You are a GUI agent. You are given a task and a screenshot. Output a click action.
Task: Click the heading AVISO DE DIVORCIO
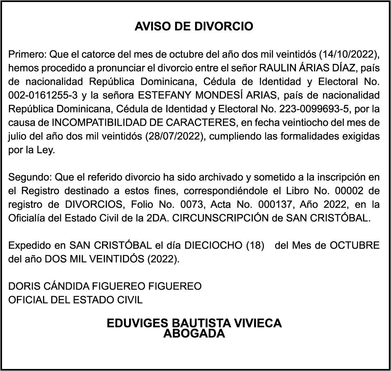click(x=194, y=27)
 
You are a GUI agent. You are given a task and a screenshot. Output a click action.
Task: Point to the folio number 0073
click(x=181, y=204)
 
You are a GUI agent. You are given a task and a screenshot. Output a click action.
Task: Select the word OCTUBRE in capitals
click(x=355, y=246)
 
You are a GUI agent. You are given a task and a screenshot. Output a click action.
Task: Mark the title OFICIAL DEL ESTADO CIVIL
click(x=76, y=300)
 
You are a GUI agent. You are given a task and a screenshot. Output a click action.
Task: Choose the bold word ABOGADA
click(x=194, y=333)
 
